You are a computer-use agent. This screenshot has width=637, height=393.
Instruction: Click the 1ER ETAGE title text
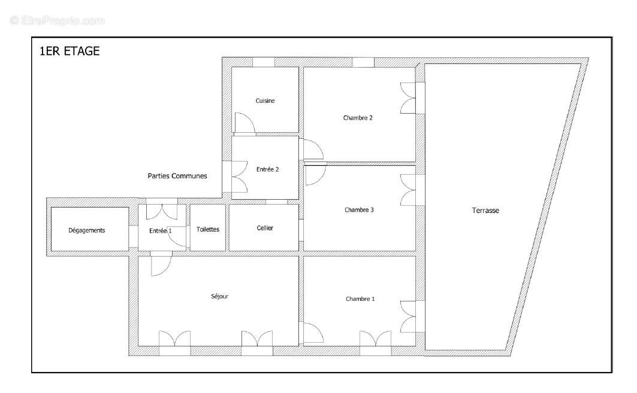[x=69, y=51]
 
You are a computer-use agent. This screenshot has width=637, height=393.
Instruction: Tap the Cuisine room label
[x=265, y=101]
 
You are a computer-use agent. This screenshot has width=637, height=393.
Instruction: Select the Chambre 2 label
[x=358, y=118]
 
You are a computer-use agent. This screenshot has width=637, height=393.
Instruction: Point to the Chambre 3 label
[x=360, y=210]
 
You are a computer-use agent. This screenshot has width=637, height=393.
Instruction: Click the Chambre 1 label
[x=360, y=299]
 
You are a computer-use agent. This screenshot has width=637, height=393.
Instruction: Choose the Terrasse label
[x=485, y=211]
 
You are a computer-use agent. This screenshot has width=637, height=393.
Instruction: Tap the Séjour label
[x=220, y=296]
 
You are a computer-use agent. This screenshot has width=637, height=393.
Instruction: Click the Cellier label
[x=265, y=228]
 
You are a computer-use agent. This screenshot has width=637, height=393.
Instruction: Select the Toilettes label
[x=208, y=230]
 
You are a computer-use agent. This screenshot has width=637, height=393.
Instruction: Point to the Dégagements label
[x=87, y=230]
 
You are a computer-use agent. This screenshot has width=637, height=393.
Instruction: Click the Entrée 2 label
[x=267, y=169]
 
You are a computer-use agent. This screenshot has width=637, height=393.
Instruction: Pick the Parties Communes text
[x=177, y=176]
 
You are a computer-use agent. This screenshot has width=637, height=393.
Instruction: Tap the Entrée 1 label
[x=160, y=230]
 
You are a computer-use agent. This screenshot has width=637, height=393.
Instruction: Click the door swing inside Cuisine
[x=244, y=123]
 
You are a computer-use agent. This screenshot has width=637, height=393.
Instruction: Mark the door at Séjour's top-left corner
[x=161, y=265]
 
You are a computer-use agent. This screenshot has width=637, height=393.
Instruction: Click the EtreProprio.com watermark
[x=57, y=20]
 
